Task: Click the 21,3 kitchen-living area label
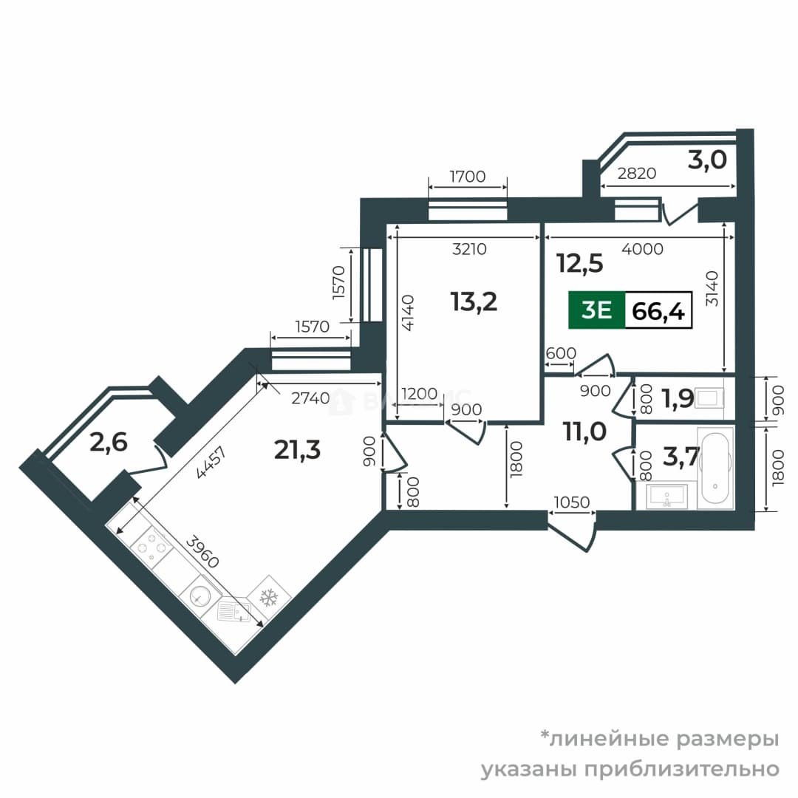[297, 450]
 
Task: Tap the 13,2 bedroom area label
[474, 301]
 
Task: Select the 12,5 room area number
[580, 264]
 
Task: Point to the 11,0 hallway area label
[584, 432]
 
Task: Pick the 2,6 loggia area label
[109, 443]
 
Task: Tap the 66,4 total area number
[658, 310]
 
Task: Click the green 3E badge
[596, 310]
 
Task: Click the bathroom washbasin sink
[666, 497]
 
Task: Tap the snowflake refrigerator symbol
[269, 597]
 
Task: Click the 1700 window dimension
[468, 177]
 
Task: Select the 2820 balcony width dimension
[637, 174]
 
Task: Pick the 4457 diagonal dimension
[211, 462]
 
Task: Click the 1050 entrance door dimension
[571, 502]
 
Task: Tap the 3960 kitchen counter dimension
[202, 552]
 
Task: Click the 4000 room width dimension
[643, 249]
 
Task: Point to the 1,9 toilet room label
[678, 398]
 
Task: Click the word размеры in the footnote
[727, 739]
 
